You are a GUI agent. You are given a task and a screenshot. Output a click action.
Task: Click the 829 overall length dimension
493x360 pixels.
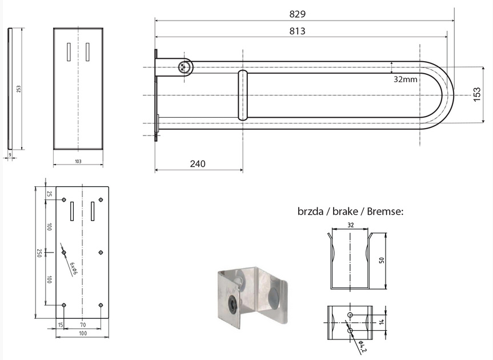coord(297,14)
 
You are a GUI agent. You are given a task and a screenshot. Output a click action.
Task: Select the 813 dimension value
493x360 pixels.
coord(297,31)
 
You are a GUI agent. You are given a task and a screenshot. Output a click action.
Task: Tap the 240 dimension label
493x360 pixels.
coord(198,164)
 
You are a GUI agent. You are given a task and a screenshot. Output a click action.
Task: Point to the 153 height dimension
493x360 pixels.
coord(477,94)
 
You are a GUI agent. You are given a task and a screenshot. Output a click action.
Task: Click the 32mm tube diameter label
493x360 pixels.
coord(406,79)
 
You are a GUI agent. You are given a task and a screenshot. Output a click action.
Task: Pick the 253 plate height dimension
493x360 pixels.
coord(18,89)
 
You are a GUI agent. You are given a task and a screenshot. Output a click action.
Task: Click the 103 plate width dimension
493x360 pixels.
coord(78,161)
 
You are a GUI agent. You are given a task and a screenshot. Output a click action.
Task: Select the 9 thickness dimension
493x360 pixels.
coord(10,155)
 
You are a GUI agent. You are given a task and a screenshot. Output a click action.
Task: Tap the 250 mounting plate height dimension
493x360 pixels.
coord(39,253)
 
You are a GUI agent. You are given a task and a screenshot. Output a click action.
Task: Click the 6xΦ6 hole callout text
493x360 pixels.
coord(73,269)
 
